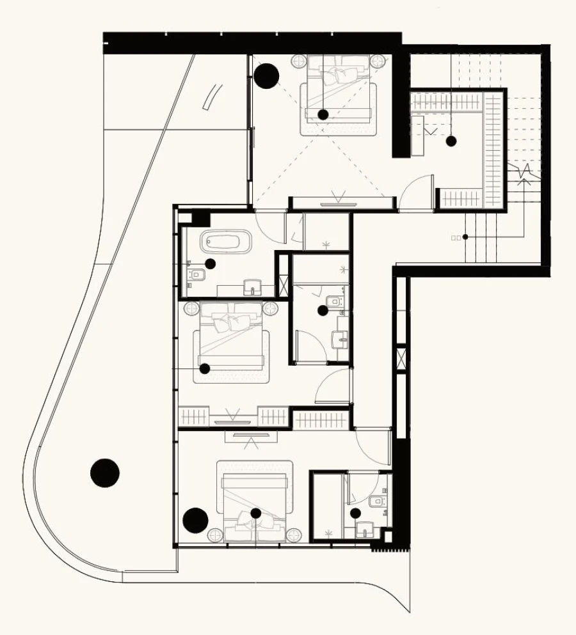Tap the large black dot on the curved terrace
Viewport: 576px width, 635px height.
click(x=104, y=473)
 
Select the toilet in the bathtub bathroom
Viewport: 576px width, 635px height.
click(x=197, y=275)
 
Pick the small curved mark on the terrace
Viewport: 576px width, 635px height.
click(x=211, y=98)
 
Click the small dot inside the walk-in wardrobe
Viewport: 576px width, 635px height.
click(x=452, y=141)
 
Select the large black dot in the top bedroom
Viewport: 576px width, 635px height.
click(x=266, y=76)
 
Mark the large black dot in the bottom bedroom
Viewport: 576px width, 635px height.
click(x=195, y=520)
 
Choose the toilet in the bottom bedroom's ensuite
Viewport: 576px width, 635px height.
click(x=378, y=502)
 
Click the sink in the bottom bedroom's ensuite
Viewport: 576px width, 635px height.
click(x=365, y=529)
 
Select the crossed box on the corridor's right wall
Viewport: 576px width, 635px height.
click(x=401, y=359)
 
